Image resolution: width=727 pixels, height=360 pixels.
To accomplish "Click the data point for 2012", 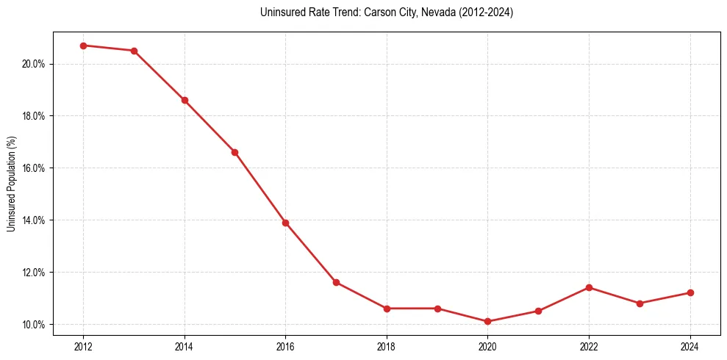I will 83,46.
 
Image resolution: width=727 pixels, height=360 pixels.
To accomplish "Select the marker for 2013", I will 134,51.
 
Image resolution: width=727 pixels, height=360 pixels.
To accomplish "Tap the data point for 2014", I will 185,100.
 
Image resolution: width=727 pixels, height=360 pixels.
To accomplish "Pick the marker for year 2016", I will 285,223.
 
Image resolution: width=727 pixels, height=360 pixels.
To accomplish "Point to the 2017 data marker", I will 336,282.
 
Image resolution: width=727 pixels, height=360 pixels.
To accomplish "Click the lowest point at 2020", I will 488,321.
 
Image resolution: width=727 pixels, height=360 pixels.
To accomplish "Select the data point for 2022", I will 589,287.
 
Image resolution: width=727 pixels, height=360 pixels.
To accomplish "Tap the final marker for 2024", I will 690,292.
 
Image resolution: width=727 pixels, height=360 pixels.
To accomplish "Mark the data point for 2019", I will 437,309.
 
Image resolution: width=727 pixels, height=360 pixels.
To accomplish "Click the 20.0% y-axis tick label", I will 34,64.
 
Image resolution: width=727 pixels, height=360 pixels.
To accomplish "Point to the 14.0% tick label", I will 34,220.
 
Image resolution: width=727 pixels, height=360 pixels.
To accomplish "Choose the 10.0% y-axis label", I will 34,325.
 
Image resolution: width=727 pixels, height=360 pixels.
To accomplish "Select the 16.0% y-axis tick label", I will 34,168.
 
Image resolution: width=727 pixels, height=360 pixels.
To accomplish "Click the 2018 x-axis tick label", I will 387,347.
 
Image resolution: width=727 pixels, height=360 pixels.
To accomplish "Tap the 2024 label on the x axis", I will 690,347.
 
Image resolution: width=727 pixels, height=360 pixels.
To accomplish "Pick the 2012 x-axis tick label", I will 83,347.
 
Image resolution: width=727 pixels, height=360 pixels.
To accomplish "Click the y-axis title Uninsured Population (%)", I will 12,184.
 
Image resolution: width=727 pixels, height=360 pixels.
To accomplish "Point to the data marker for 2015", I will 234,152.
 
